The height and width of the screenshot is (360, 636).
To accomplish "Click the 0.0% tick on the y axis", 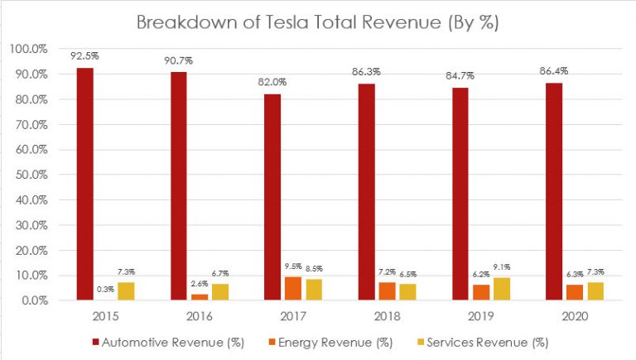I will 31,301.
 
